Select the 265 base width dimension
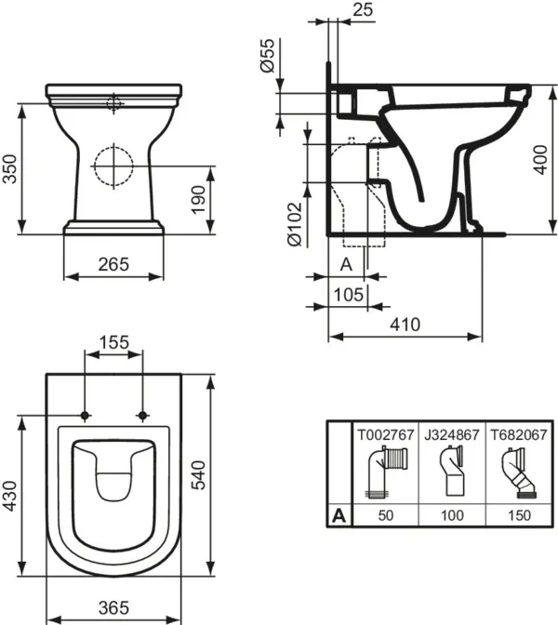113,265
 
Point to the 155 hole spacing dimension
113,342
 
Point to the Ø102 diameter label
294,223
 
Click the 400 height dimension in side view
538,163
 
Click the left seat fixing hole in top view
86,414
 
